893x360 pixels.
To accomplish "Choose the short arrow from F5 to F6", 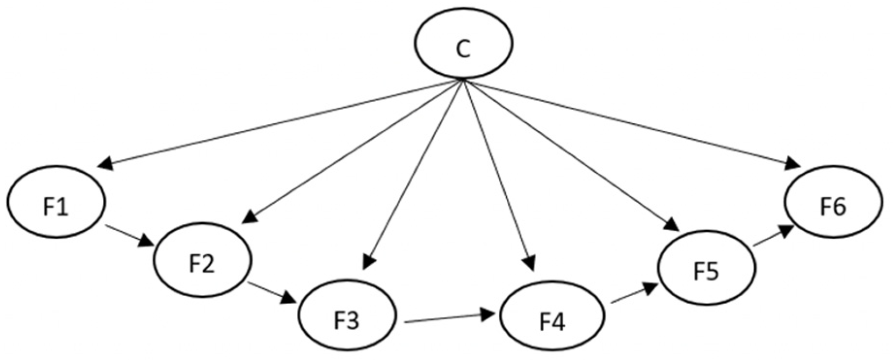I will coord(773,238).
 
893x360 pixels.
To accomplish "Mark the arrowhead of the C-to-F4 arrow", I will coord(530,263).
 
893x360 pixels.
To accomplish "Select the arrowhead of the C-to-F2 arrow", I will coord(249,217).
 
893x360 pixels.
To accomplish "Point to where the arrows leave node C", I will coord(464,80).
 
